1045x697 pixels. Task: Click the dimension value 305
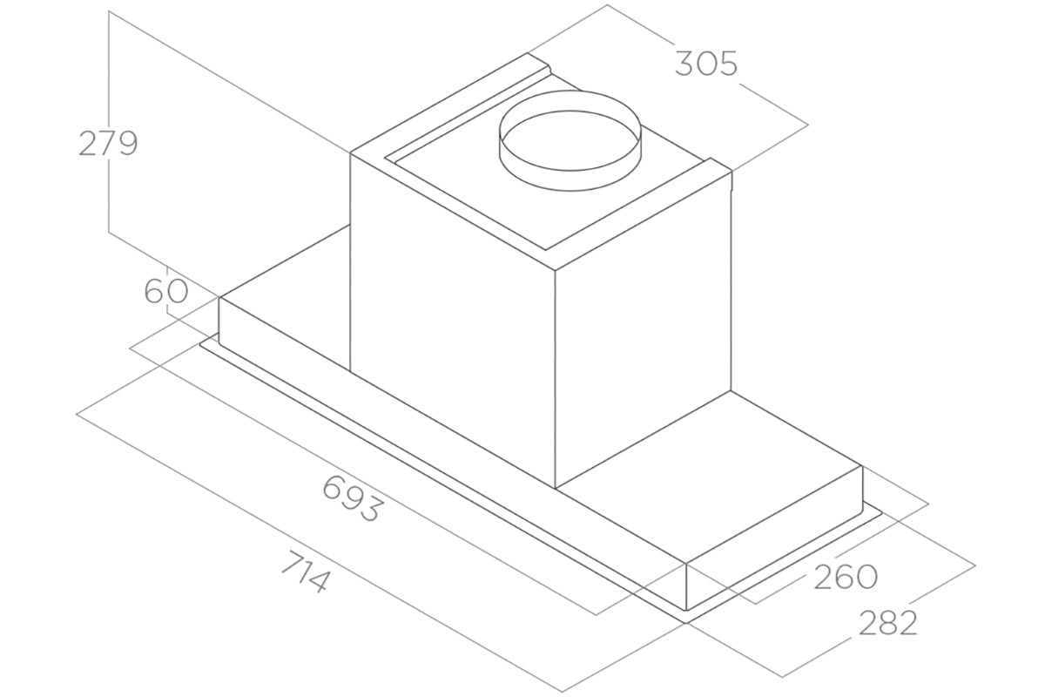[x=706, y=64]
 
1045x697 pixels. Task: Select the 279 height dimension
[x=108, y=144]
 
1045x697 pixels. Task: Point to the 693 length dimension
[x=354, y=498]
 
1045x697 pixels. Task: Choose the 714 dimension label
[x=307, y=572]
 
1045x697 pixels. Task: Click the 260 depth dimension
[x=846, y=577]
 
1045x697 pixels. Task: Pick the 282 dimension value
[x=887, y=623]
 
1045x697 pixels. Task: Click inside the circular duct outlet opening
[x=570, y=151]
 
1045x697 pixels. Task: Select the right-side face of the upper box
[x=643, y=327]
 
